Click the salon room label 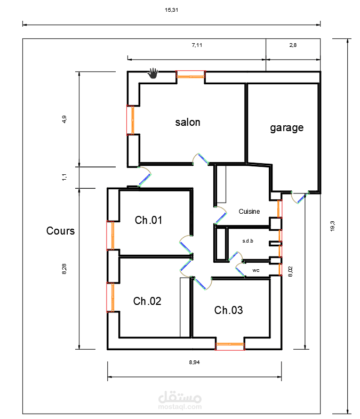coord(188,122)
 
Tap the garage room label coord(286,127)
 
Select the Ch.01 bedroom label coord(148,220)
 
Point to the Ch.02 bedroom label coord(147,301)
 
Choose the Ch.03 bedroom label coord(228,310)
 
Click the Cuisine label coord(249,212)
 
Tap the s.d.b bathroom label coord(247,241)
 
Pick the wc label coord(256,270)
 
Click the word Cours coord(60,231)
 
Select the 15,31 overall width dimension coord(171,10)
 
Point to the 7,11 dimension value coord(197,45)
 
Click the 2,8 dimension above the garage coord(293,45)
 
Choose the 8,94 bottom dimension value coord(195,362)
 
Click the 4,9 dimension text coord(65,119)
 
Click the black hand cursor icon coord(154,72)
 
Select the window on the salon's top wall coord(190,76)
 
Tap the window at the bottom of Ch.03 coord(230,346)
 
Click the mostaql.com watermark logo coord(180,400)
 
